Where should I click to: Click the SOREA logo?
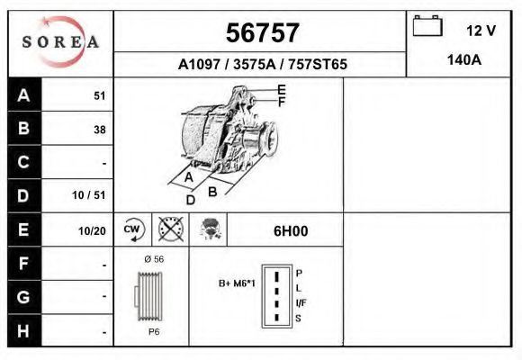point(60,42)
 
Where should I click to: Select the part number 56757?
point(261,33)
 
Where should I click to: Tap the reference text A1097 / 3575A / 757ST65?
point(262,65)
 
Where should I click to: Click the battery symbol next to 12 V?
point(427,27)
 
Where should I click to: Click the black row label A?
point(23,94)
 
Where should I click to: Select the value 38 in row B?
point(99,129)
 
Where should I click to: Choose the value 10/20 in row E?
point(92,230)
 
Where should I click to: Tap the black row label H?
point(23,330)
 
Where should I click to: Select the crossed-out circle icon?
point(169,229)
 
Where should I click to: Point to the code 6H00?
point(290,230)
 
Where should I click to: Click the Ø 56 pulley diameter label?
point(153,259)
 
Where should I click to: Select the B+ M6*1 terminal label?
point(237,283)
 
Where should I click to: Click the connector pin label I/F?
point(301,304)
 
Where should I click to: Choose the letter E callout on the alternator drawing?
point(282,89)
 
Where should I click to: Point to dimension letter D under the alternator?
point(190,200)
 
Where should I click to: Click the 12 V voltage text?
point(481,30)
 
